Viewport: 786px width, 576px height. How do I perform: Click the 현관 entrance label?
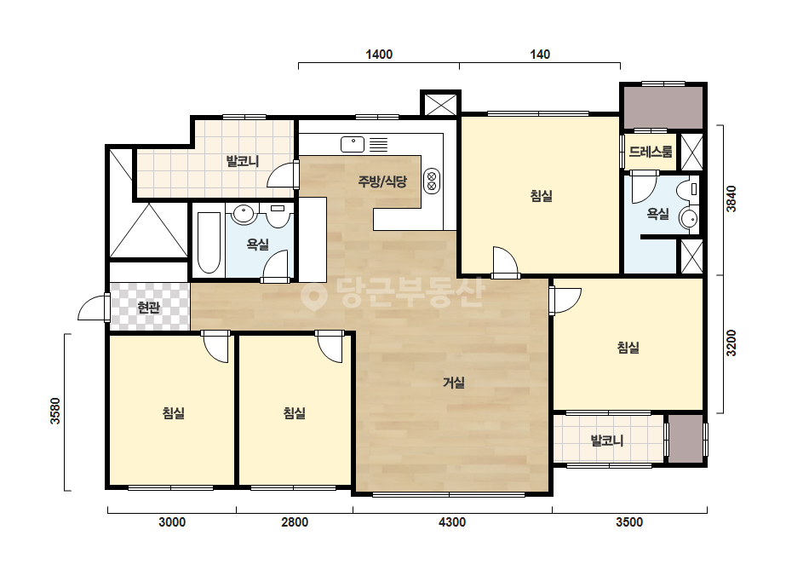(148, 307)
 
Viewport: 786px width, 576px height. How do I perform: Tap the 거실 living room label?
(454, 383)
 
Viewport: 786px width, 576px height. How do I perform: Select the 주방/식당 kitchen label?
(382, 181)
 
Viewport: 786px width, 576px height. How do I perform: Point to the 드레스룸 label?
(650, 152)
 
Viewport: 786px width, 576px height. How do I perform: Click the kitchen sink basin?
(353, 145)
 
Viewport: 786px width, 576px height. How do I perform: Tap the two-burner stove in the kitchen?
(432, 181)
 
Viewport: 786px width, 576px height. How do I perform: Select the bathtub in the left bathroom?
(209, 243)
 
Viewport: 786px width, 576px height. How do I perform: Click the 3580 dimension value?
(55, 411)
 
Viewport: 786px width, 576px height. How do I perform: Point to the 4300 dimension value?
(452, 522)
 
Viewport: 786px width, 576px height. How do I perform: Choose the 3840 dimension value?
(731, 199)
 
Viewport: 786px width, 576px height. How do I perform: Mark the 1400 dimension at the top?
(379, 55)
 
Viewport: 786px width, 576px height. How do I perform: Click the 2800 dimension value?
(295, 522)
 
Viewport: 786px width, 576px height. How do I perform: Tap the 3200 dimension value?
(731, 343)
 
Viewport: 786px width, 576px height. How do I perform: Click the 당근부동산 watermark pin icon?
(313, 296)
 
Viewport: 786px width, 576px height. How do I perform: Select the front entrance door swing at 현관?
(93, 307)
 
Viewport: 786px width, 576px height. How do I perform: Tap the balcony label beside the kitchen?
(242, 162)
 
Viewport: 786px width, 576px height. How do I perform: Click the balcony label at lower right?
(607, 441)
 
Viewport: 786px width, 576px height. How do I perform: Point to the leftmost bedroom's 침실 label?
(174, 413)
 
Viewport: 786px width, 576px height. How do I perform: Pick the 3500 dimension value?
(629, 522)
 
